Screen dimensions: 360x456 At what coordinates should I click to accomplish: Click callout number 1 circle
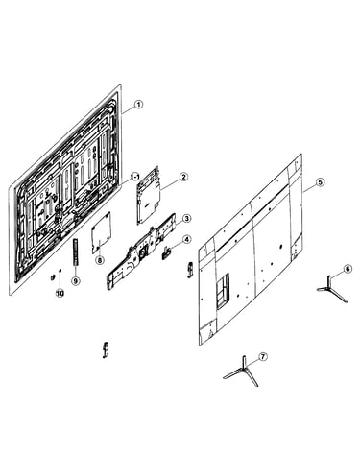[138, 105]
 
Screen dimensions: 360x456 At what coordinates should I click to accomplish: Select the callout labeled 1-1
[135, 177]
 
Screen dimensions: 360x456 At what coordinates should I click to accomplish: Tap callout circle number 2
[183, 177]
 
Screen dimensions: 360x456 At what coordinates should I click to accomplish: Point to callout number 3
[186, 219]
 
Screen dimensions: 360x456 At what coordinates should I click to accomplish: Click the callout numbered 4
[186, 239]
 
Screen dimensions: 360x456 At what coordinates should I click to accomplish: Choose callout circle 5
[320, 182]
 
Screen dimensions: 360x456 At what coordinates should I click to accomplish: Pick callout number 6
[348, 269]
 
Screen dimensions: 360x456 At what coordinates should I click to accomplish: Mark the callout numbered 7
[263, 357]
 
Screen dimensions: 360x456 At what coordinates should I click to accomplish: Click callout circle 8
[100, 260]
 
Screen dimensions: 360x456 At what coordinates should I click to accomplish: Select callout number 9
[76, 281]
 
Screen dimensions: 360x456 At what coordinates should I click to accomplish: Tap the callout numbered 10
[60, 293]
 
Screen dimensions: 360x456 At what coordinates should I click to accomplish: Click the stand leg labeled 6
[331, 288]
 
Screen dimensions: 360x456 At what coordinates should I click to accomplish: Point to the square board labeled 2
[148, 196]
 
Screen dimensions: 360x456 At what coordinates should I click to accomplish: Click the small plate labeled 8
[101, 233]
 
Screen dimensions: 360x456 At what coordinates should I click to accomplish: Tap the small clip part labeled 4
[166, 252]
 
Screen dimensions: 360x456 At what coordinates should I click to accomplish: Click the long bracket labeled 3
[141, 252]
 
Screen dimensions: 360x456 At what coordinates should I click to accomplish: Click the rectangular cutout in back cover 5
[224, 291]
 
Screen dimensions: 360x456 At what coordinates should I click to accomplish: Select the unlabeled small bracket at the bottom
[106, 350]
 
